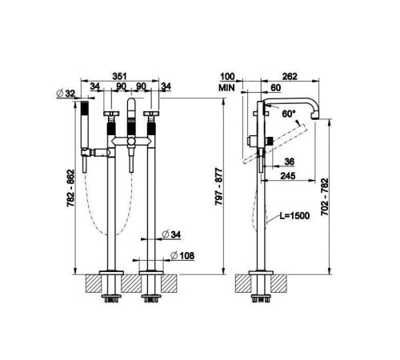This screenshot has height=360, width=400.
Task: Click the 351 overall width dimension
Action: point(119,76)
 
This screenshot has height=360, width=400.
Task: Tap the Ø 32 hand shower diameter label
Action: point(66,94)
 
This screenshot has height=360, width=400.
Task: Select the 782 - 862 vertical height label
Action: point(70,188)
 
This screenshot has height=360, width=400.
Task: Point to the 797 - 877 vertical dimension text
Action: point(219,186)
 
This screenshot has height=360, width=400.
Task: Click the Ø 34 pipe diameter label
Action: point(171,234)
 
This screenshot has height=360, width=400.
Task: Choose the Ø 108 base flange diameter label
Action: point(182,256)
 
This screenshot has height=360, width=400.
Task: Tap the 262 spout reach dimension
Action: point(290,77)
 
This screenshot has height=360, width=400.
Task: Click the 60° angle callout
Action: point(289,114)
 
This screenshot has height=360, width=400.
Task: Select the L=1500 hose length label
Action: point(294,215)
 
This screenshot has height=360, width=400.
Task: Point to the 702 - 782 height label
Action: point(325,197)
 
